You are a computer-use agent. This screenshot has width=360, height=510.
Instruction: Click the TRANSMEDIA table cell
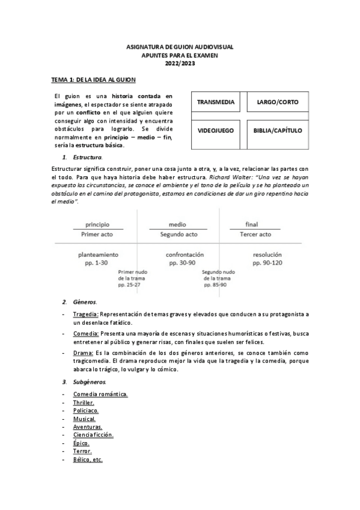click(216, 102)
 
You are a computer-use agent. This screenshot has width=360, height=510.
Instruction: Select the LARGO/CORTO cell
click(277, 102)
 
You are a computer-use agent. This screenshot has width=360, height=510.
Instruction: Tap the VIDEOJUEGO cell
click(216, 130)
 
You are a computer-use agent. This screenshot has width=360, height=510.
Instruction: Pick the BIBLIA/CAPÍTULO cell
click(278, 130)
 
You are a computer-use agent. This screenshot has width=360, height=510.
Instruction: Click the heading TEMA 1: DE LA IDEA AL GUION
click(93, 79)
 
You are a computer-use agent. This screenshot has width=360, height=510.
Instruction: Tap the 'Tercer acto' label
click(255, 234)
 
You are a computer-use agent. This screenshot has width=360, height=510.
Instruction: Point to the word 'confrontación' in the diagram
click(185, 254)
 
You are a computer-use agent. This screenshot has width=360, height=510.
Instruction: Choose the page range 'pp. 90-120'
click(267, 263)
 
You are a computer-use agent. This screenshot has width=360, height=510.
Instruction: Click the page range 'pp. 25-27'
click(130, 284)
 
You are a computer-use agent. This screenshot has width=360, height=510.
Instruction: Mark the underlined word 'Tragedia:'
click(85, 314)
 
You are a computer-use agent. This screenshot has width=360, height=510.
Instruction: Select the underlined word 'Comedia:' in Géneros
click(85, 333)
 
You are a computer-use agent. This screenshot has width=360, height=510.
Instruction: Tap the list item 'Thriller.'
click(84, 402)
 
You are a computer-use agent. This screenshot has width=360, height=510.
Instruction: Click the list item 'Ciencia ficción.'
click(93, 434)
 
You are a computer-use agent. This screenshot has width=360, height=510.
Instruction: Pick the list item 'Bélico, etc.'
click(88, 459)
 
